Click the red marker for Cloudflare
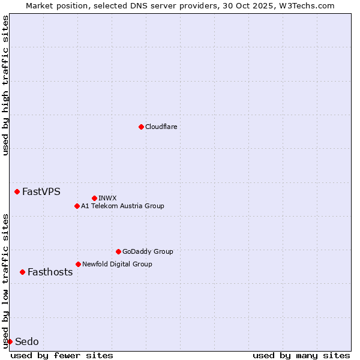coord(141,127)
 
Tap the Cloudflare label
coord(161,127)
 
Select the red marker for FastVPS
coord(17,191)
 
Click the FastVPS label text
coord(41,192)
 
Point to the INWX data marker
coord(94,198)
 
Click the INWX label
coord(107,198)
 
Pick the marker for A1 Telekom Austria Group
coord(77,206)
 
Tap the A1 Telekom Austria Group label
coord(122,206)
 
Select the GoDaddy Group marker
coord(118,251)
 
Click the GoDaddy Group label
coord(147,251)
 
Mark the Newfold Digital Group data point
coord(78,264)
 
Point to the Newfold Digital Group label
coord(117,264)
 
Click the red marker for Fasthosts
coord(22,272)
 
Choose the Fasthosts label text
coord(50,272)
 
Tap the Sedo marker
coord(10,341)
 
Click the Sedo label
coord(26,341)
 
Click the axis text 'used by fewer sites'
coord(62,355)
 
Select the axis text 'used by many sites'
coord(301,355)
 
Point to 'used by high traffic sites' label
coord(5,85)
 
